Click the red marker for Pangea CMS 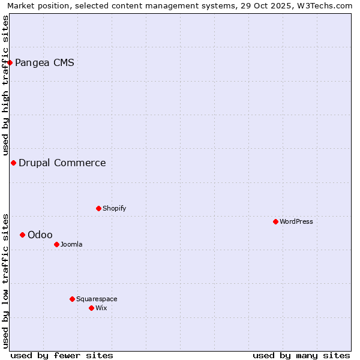(10, 62)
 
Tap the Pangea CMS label (44, 62)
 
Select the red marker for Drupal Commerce (13, 163)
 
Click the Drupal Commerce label (62, 163)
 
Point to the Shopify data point (98, 208)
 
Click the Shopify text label (114, 208)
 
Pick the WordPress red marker (275, 221)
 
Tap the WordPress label (296, 221)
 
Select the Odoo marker (22, 235)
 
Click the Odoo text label (40, 235)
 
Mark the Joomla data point (56, 244)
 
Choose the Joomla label (71, 244)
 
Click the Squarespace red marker (72, 299)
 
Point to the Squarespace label (97, 299)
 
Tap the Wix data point (91, 308)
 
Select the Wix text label (101, 308)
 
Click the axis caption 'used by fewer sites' (62, 355)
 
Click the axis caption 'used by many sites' (301, 355)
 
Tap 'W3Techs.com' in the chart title (326, 5)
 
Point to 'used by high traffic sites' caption (5, 85)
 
